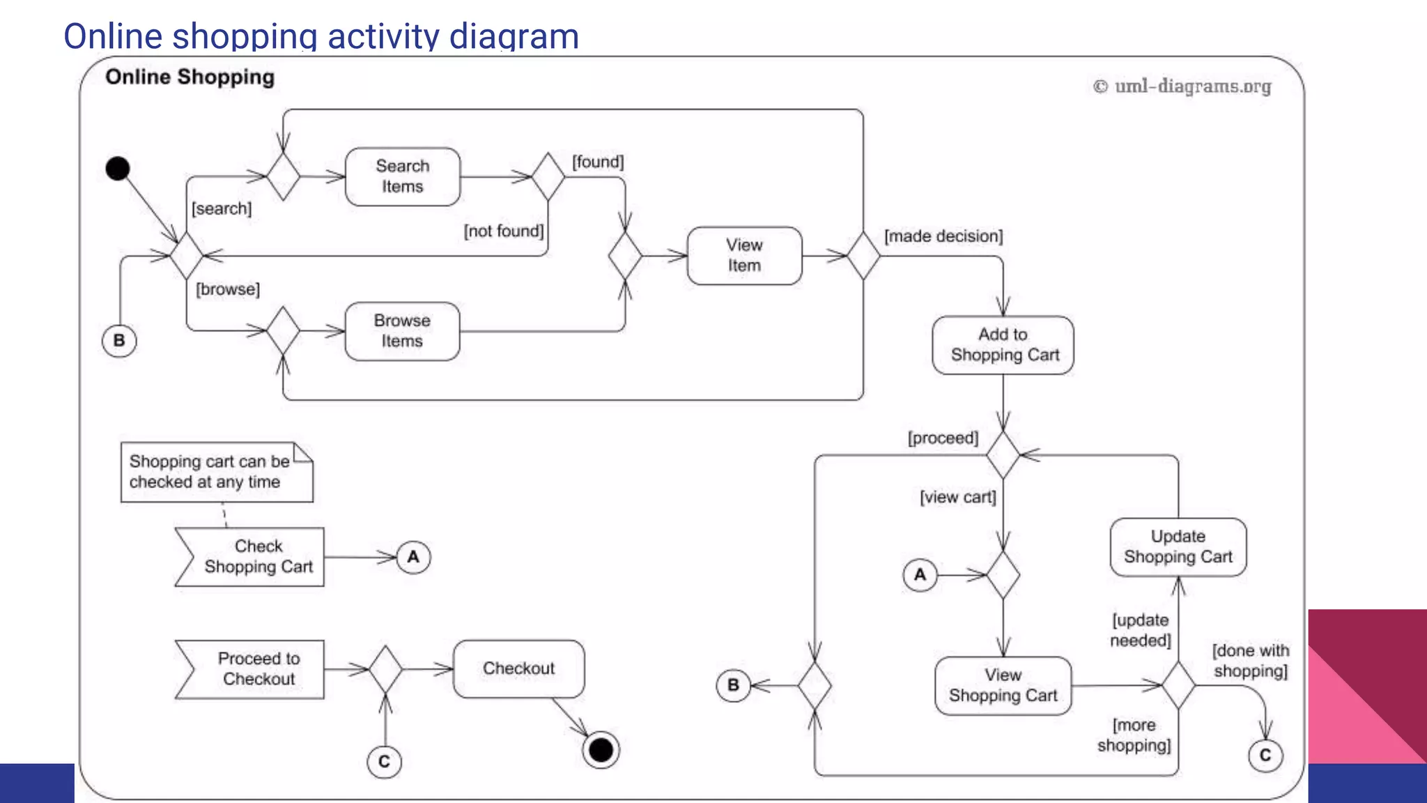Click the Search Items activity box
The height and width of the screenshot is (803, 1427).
[x=403, y=176]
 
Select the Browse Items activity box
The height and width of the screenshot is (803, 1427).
[x=402, y=331]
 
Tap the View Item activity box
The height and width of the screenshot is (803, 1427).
[x=744, y=256]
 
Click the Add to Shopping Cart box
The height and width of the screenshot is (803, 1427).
[x=1003, y=345]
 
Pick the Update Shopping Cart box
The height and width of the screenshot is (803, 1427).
[x=1178, y=547]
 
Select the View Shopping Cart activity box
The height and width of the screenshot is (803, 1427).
[x=1003, y=685]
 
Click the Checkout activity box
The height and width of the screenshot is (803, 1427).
[x=518, y=668]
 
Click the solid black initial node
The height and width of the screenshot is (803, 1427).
[x=118, y=169]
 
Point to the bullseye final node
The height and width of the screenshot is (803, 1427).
[x=601, y=750]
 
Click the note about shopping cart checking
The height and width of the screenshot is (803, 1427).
[x=216, y=472]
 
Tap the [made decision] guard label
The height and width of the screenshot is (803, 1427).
[x=943, y=236]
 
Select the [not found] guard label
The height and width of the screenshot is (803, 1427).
[x=503, y=231]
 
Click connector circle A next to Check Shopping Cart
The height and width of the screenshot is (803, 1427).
[x=413, y=557]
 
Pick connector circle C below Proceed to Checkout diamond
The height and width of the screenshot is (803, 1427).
[x=384, y=761]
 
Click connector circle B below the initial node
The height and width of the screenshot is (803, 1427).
[x=119, y=341]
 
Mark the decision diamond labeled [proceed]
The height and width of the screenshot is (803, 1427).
[x=1003, y=455]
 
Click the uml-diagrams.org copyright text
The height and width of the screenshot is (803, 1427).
[x=1182, y=86]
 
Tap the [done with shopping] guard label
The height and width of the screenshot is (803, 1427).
[x=1250, y=661]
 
